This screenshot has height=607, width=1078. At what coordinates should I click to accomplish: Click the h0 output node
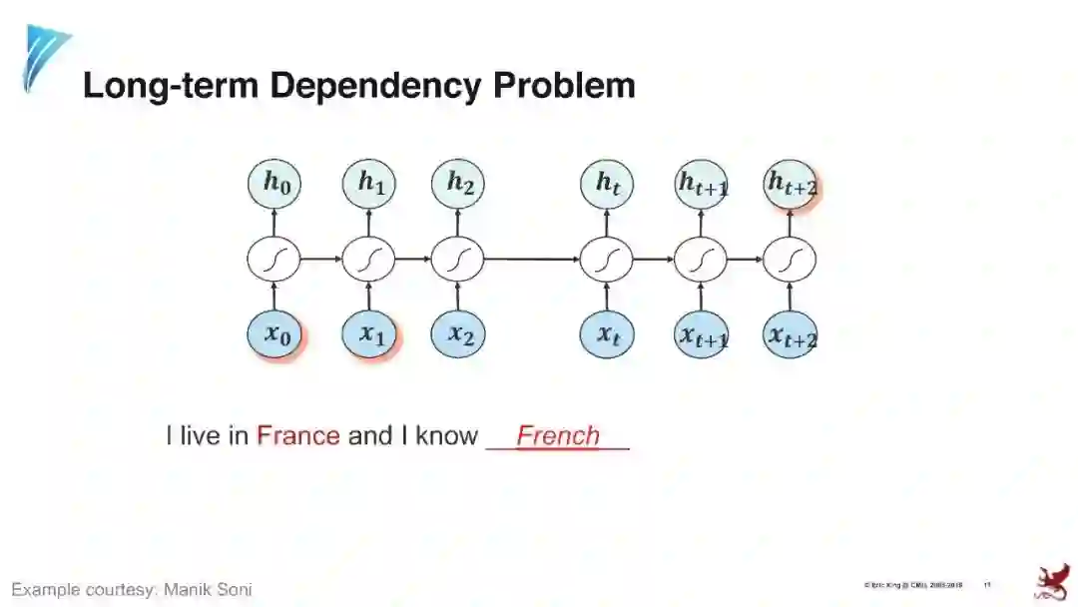click(274, 185)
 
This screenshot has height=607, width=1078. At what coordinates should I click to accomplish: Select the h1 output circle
click(369, 185)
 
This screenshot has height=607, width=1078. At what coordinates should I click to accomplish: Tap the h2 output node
click(458, 185)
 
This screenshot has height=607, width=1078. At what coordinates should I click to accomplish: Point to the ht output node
click(607, 185)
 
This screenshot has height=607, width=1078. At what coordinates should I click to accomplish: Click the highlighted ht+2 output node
click(791, 185)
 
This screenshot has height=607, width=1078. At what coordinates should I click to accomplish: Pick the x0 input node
click(274, 334)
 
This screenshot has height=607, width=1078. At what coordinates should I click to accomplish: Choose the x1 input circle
click(369, 334)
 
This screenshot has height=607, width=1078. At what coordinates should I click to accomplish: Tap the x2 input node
click(458, 334)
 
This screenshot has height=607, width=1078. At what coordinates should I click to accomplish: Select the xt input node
click(607, 334)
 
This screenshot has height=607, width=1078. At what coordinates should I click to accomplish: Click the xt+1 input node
click(701, 334)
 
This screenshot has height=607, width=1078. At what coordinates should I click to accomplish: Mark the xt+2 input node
click(791, 334)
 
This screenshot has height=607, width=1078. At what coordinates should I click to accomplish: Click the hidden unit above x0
click(274, 260)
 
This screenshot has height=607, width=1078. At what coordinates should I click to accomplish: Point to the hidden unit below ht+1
click(701, 260)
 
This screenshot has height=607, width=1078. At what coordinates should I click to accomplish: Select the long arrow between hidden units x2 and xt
click(531, 260)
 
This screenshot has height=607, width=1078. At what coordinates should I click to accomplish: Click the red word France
click(298, 436)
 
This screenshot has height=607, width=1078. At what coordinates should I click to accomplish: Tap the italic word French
click(558, 436)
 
